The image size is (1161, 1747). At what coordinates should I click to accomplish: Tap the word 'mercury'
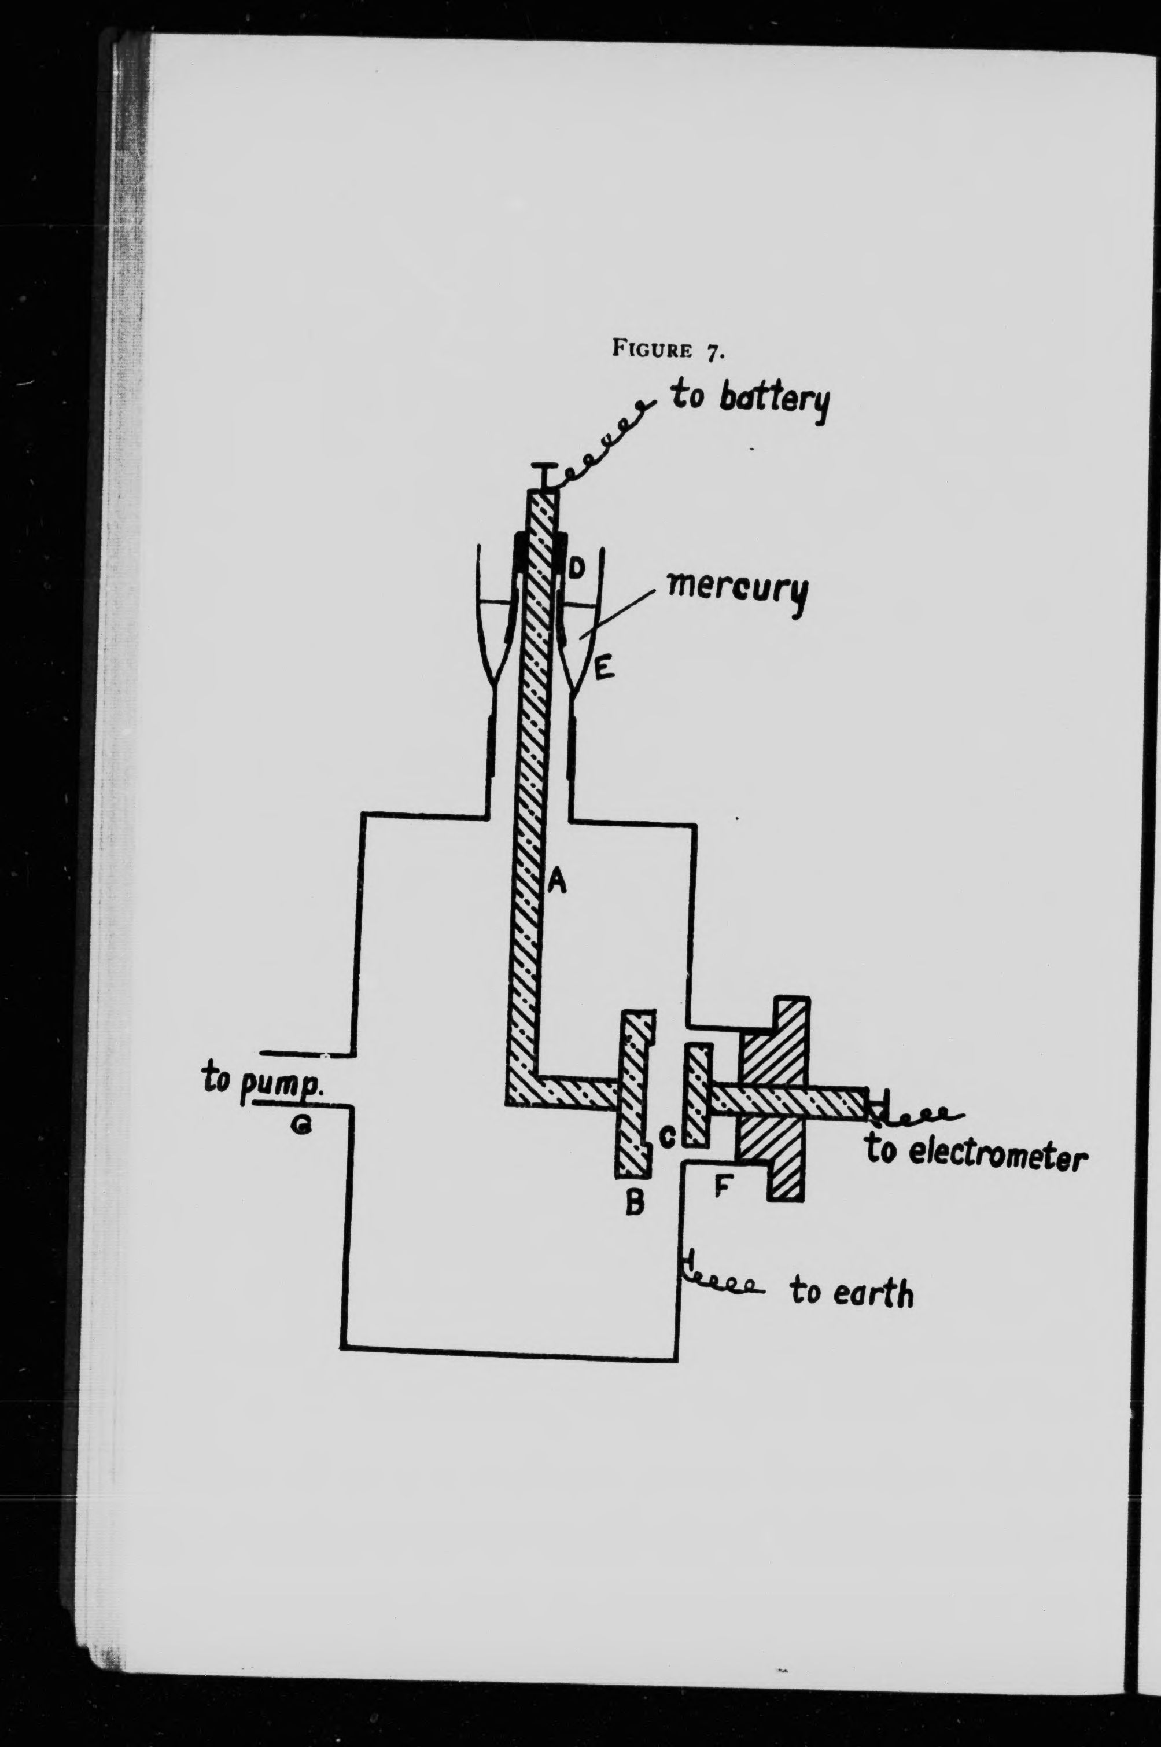[737, 593]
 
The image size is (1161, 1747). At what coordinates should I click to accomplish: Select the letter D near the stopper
[577, 569]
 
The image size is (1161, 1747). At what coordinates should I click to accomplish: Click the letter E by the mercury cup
[603, 671]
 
